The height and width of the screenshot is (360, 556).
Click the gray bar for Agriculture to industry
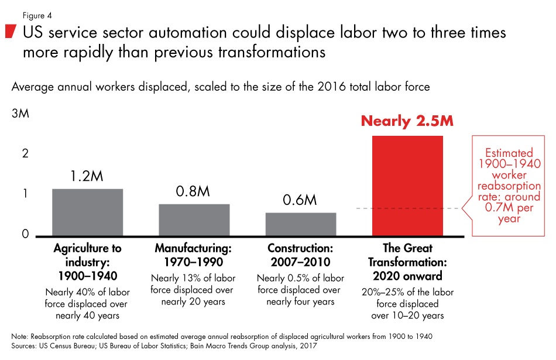[87, 212]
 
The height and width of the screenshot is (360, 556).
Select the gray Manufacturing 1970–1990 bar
[194, 220]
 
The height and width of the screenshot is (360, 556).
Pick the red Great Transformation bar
[407, 186]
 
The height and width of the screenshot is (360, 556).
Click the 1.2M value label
[87, 176]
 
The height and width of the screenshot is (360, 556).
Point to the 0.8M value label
[194, 192]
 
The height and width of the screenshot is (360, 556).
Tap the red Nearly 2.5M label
[407, 121]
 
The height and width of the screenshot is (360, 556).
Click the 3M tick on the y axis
[20, 114]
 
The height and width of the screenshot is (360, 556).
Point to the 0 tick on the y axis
[25, 234]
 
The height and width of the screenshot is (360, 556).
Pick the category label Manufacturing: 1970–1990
[194, 255]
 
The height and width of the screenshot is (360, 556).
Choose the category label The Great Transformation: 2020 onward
[407, 262]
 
